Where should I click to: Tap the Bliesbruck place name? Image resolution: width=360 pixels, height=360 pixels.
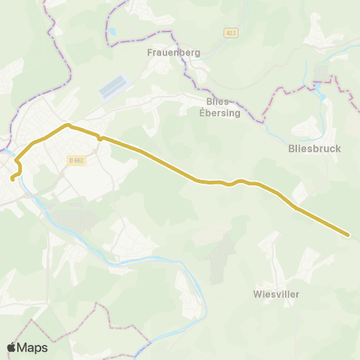[314, 148]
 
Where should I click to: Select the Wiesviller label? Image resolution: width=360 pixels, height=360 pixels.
[276, 294]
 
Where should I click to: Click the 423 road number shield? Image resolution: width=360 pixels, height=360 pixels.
[229, 32]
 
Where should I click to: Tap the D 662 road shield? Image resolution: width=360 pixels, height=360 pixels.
[76, 160]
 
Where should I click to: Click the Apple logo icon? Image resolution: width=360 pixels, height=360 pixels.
[12, 347]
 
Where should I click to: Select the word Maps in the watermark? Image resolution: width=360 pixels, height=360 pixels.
[32, 347]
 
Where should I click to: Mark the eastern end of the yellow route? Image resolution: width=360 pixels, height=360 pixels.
[349, 235]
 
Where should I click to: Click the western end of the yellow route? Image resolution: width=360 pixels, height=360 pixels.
[12, 179]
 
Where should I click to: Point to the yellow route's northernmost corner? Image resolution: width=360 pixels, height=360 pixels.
[67, 124]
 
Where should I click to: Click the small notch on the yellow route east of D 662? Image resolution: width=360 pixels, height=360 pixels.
[100, 139]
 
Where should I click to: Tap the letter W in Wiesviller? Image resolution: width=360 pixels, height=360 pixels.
[257, 294]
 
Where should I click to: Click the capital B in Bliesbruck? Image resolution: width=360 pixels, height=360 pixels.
[291, 148]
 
